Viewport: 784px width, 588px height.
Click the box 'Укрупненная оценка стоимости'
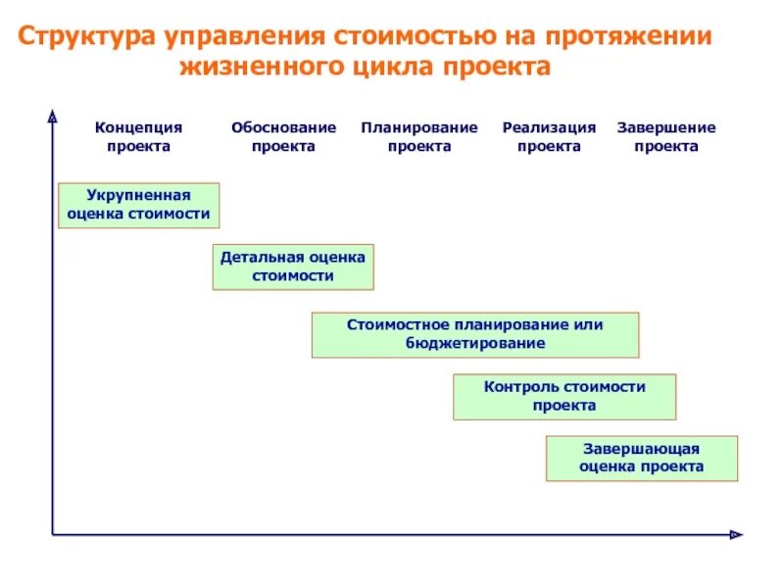coord(138,205)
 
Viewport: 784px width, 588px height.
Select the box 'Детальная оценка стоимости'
coord(293,267)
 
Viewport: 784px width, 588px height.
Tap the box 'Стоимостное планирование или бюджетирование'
coord(475,335)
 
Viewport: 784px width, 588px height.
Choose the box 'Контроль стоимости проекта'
coord(564,396)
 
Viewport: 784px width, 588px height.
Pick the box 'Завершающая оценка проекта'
coord(642,458)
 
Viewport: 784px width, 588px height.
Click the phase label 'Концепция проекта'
coord(138,137)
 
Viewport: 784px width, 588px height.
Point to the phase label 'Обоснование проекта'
coord(283,137)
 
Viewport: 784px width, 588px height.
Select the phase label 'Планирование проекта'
coord(418,137)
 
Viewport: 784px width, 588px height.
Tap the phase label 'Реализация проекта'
coord(549,137)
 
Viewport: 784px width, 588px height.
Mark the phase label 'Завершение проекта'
coord(666,137)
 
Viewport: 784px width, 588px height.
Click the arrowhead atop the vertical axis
coord(52,119)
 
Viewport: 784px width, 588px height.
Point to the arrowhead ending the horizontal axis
coord(736,534)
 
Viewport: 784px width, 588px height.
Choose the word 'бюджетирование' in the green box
coord(475,344)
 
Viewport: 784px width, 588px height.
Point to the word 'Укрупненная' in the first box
coord(138,195)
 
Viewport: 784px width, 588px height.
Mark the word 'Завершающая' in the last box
coord(642,448)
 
